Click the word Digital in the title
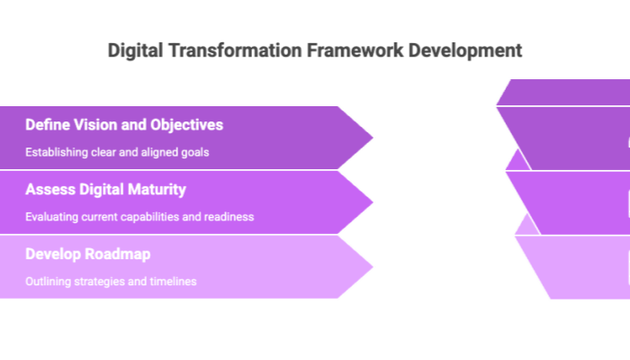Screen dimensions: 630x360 coord(135,51)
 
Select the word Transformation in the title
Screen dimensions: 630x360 coord(235,50)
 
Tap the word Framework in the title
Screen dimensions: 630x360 coord(355,50)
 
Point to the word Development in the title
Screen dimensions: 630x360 coord(465,51)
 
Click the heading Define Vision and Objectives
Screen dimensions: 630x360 coord(124,125)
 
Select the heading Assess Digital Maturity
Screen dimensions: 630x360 coord(105,190)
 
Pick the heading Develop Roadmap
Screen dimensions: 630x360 coord(88,254)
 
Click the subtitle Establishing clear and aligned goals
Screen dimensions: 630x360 coord(117,152)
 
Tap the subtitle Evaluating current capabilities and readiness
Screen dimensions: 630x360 coord(139,217)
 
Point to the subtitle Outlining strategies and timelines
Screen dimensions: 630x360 coord(111,281)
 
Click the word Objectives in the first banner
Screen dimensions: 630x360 coord(187,125)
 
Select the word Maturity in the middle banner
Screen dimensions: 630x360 coord(157,190)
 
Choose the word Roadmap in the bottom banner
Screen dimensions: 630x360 coord(118,254)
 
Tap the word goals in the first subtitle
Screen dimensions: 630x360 coord(195,153)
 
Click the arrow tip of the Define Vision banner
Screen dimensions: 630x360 coord(373,138)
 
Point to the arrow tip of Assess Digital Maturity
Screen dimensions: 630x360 coord(373,202)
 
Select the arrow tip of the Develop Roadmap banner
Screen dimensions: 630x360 coord(373,266)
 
